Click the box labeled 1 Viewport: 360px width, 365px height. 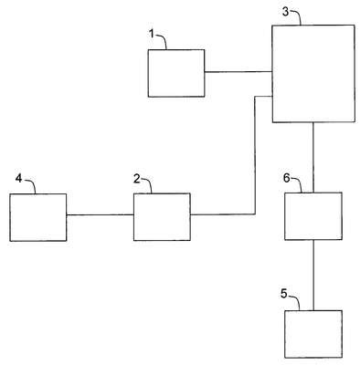pyautogui.click(x=176, y=73)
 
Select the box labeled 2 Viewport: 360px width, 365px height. pyautogui.click(x=162, y=217)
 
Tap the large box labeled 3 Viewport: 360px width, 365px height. pyautogui.click(x=313, y=74)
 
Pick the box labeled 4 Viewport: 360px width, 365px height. pyautogui.click(x=38, y=217)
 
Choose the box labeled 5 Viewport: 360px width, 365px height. pyautogui.click(x=313, y=334)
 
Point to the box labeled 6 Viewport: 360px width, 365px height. pyautogui.click(x=313, y=216)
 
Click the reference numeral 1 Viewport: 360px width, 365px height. pyautogui.click(x=152, y=34)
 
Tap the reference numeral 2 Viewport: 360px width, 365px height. pyautogui.click(x=137, y=179)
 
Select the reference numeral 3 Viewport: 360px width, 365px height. pyautogui.click(x=285, y=12)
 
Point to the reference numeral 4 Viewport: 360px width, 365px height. pyautogui.click(x=19, y=179)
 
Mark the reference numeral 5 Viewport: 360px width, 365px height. pyautogui.click(x=284, y=294)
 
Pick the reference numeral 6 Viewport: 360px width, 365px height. pyautogui.click(x=287, y=178)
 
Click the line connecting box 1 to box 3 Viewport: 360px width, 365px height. pyautogui.click(x=238, y=72)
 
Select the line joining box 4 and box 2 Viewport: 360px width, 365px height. pyautogui.click(x=101, y=215)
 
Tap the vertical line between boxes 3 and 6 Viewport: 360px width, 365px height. pyautogui.click(x=313, y=157)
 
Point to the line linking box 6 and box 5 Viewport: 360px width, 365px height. pyautogui.click(x=313, y=276)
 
